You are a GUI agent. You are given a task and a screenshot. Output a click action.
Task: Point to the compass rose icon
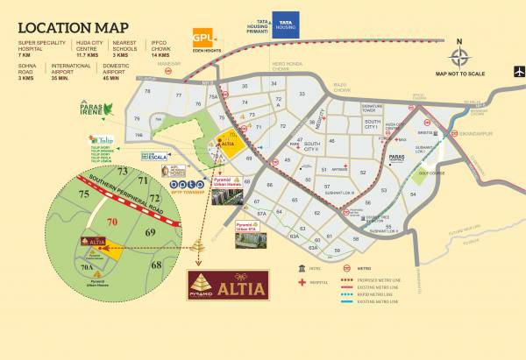pyautogui.click(x=461, y=57)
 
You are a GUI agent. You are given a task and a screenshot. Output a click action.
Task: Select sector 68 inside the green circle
pyautogui.click(x=156, y=263)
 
